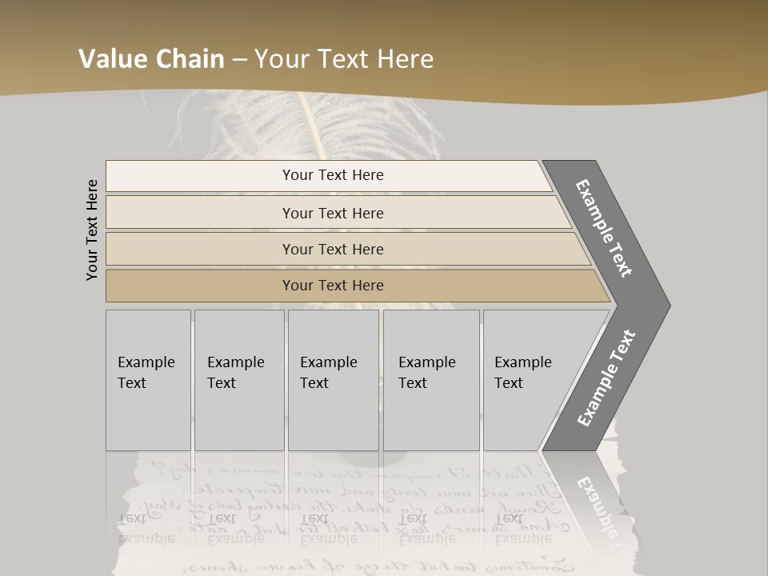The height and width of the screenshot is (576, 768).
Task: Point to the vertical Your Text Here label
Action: pyautogui.click(x=92, y=230)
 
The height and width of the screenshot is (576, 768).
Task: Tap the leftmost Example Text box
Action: pyautogui.click(x=148, y=379)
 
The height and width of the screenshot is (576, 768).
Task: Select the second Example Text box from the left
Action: pyautogui.click(x=238, y=379)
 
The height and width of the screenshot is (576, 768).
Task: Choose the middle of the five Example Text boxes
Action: pyautogui.click(x=333, y=379)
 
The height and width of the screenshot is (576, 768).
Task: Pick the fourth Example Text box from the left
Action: pyautogui.click(x=430, y=379)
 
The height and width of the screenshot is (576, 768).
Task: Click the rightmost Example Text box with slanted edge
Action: pyautogui.click(x=528, y=379)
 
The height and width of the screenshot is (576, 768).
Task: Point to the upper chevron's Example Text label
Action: pyautogui.click(x=604, y=229)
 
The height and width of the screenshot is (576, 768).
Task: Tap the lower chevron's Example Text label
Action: pyautogui.click(x=606, y=378)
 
